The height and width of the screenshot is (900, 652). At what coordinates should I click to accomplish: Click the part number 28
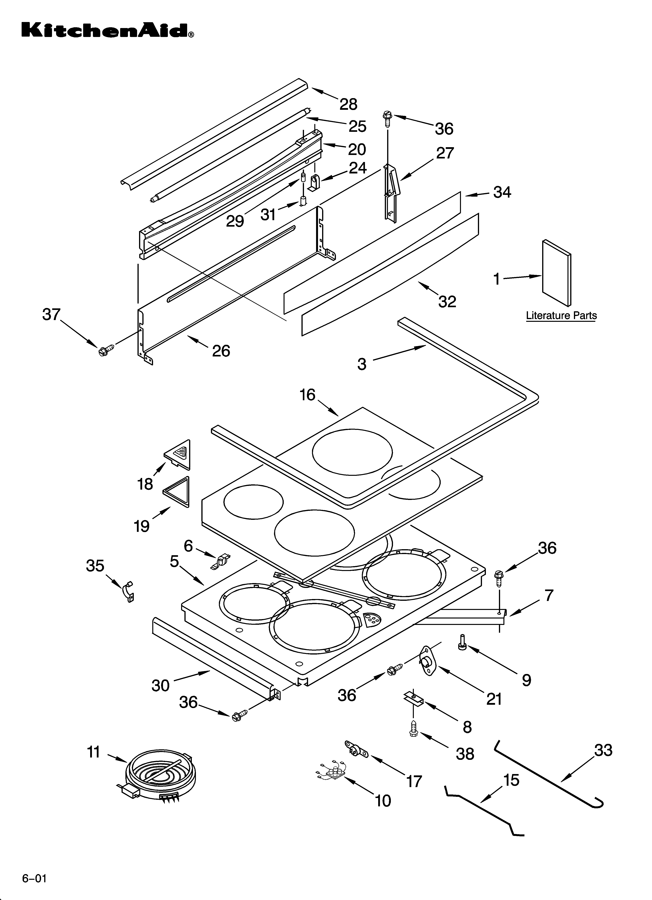[348, 104]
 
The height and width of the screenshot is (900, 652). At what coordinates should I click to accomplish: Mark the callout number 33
[603, 750]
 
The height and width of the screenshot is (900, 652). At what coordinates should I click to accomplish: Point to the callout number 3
[361, 364]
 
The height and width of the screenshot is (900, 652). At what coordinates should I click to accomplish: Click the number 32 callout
[447, 302]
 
